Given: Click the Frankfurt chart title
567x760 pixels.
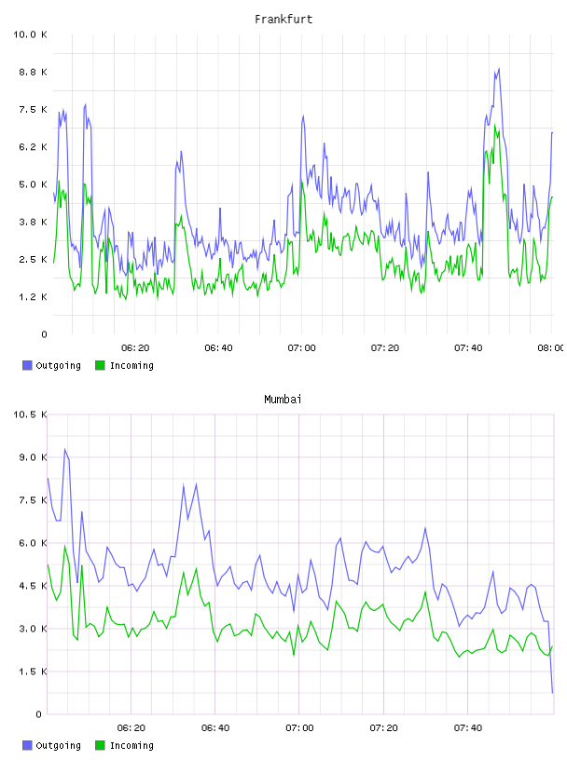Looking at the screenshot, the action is pos(283,20).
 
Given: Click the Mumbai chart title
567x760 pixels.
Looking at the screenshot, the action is pos(283,400).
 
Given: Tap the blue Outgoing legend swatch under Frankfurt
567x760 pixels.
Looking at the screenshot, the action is pos(27,365).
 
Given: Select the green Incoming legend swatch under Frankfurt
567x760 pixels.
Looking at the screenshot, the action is pos(100,365).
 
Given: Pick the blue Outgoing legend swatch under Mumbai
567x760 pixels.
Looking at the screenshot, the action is pos(27,745).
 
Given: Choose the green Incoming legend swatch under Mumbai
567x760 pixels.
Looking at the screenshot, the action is pos(100,745).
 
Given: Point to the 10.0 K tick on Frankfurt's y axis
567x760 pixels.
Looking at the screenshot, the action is pos(30,34).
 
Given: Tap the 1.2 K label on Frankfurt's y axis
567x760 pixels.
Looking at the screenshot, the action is pos(33,297).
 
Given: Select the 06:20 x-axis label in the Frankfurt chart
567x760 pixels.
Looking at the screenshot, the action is pos(135,348).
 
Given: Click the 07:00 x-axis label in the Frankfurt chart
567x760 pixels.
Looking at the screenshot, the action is pos(301,348).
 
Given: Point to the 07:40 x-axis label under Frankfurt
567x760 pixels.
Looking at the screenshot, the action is pos(468,348).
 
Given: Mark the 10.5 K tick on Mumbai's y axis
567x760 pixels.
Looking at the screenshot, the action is pos(30,414).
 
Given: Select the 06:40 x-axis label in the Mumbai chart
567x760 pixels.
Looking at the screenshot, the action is pos(215,728).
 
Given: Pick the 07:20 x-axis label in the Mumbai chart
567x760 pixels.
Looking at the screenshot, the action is pos(383,728).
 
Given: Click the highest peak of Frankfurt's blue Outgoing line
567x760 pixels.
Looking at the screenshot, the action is pos(499,69).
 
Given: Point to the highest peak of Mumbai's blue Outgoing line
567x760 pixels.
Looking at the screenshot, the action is pos(64,449).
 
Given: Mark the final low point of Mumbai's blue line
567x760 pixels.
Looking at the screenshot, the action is pos(552,693).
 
